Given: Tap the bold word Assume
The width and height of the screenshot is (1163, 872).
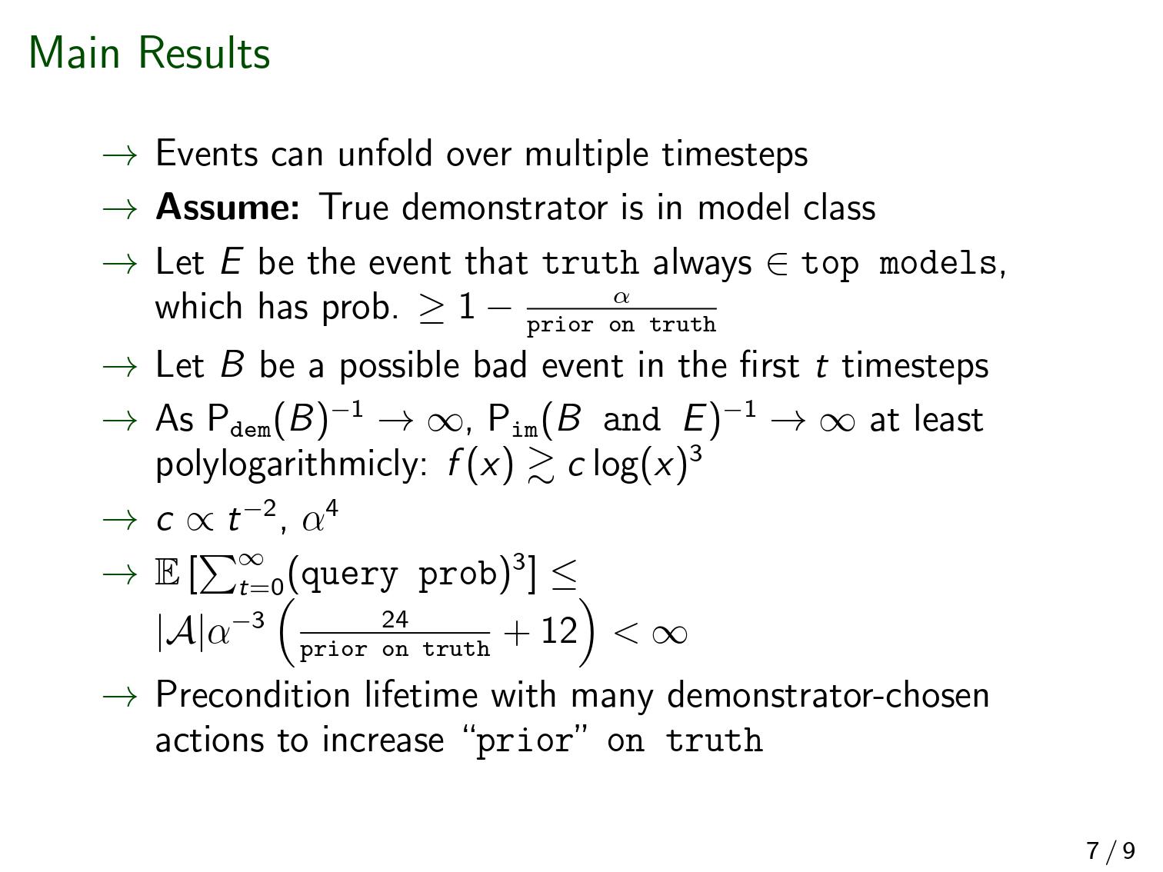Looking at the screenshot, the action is (x=228, y=207).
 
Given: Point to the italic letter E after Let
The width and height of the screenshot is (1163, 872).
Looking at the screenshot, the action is (x=232, y=261).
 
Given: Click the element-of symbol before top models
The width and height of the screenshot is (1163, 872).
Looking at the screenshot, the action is (x=777, y=263).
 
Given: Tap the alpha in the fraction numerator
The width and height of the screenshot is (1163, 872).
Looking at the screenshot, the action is (x=621, y=297).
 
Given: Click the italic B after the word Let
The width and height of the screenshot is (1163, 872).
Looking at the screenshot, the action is (x=232, y=364).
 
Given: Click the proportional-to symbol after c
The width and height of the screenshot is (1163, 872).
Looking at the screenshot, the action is (x=200, y=521).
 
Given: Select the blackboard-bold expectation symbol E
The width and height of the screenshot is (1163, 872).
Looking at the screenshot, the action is (x=168, y=574).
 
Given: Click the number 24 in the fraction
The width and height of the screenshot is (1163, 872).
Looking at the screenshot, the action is (x=395, y=620).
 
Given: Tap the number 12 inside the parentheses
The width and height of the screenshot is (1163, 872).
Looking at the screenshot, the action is (x=559, y=631).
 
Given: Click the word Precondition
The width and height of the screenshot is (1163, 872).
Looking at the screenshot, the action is (x=253, y=694).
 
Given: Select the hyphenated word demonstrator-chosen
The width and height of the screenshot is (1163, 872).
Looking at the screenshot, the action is (x=828, y=694).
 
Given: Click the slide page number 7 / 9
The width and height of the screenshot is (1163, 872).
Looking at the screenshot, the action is (x=1111, y=850).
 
